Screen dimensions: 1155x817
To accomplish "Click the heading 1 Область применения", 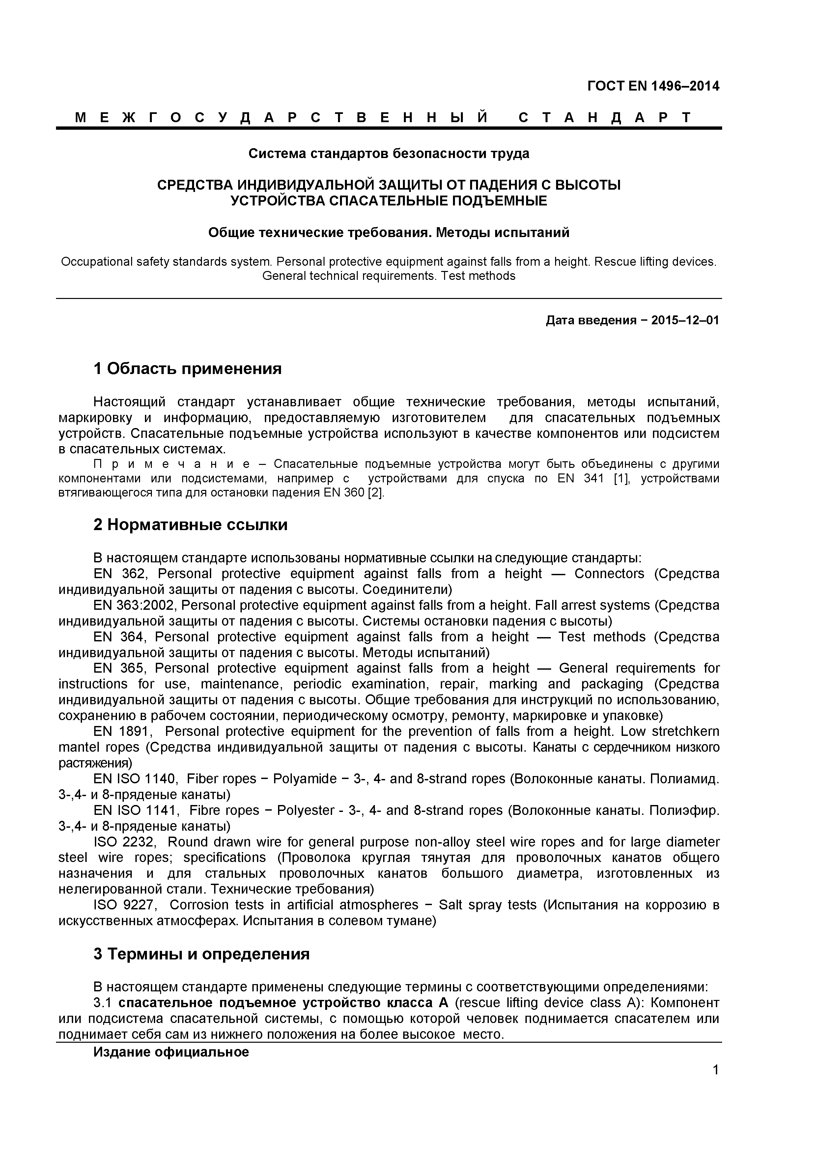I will click(187, 369).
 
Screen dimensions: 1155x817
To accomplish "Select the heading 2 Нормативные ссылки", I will click(190, 525).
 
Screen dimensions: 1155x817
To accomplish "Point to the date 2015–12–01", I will click(685, 320).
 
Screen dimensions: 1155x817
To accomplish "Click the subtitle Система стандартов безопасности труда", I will click(389, 153).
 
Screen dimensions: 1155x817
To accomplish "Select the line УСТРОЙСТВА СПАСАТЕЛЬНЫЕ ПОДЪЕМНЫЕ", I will click(389, 201).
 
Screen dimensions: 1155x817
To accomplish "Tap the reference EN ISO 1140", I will click(135, 779).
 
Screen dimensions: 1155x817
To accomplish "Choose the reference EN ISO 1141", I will click(135, 810).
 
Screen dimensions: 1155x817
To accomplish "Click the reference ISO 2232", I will click(125, 842).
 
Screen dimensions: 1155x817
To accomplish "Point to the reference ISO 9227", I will click(125, 905).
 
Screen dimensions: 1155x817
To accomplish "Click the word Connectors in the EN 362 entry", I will click(609, 574).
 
